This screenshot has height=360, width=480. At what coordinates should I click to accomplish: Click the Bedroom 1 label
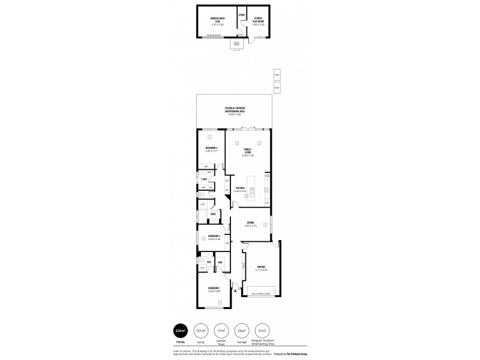pyautogui.click(x=214, y=289)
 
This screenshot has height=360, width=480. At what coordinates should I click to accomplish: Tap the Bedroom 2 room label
pyautogui.click(x=211, y=148)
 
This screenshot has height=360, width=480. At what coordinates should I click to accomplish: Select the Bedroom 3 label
pyautogui.click(x=214, y=236)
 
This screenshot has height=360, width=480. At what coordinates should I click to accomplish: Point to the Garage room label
pyautogui.click(x=261, y=266)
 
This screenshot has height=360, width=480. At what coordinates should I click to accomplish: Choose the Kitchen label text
pyautogui.click(x=240, y=188)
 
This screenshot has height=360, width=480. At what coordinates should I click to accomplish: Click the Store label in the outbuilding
pyautogui.click(x=242, y=14)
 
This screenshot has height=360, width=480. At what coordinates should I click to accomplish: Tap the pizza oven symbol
pyautogui.click(x=236, y=44)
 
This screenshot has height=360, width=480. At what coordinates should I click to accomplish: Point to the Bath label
pyautogui.click(x=213, y=214)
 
